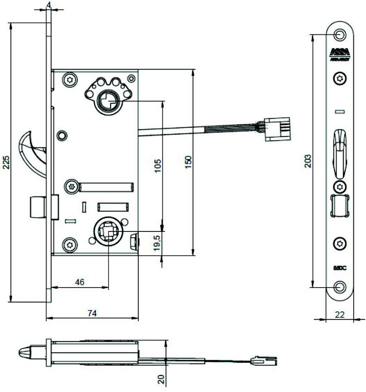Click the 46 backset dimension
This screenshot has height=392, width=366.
(80, 282)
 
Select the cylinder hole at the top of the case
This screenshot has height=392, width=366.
(108, 100)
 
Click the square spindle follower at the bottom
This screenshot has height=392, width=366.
(108, 232)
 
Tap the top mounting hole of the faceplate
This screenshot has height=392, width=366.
(340, 34)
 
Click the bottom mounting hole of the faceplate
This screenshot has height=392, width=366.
(340, 287)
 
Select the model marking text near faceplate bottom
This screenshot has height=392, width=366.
(340, 267)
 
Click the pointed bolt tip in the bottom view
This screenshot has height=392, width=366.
(24, 353)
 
